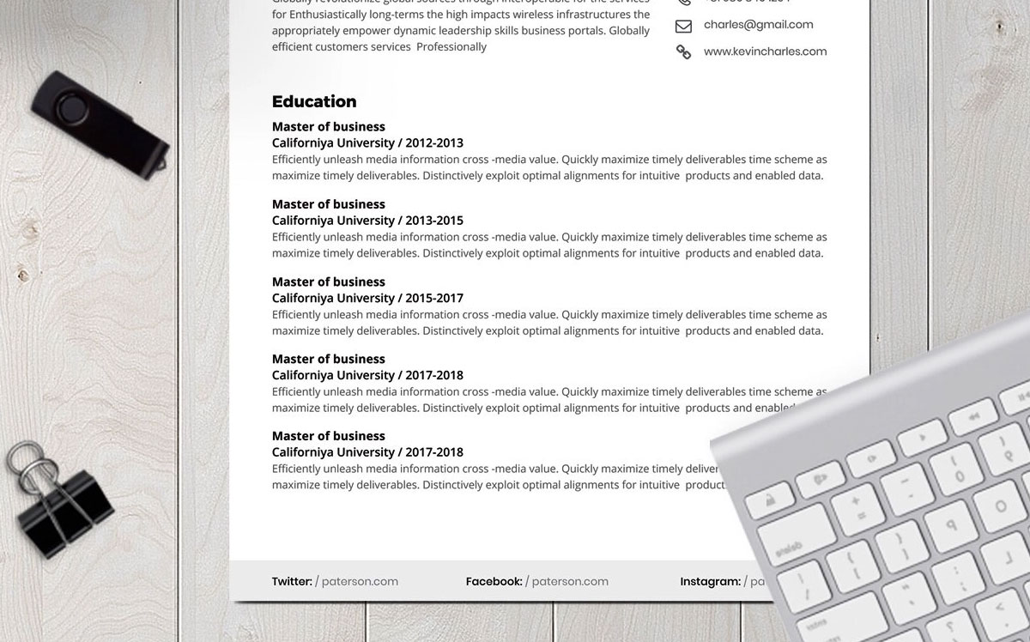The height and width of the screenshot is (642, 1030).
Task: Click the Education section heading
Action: (x=314, y=101)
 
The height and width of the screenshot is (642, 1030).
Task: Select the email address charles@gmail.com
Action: (x=758, y=25)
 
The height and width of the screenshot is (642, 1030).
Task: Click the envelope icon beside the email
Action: (x=683, y=26)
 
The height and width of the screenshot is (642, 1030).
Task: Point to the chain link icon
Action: (x=683, y=52)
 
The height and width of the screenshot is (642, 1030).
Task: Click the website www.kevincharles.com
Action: (x=765, y=51)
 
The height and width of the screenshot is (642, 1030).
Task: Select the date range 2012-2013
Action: (x=434, y=143)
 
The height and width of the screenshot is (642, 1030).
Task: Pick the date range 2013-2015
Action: (x=434, y=221)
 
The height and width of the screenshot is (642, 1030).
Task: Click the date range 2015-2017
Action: (x=434, y=298)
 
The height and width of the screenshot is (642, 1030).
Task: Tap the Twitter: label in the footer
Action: (x=292, y=581)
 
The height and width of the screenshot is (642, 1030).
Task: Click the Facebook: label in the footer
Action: (x=494, y=581)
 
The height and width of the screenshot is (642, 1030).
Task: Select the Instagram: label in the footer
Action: (x=710, y=581)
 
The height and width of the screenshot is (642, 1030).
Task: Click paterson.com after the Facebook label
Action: (x=570, y=581)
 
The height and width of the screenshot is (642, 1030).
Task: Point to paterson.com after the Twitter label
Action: (x=360, y=581)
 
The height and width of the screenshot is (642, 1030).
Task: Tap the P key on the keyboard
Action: (x=951, y=518)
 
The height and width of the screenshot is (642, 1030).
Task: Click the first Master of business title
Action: (x=329, y=127)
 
